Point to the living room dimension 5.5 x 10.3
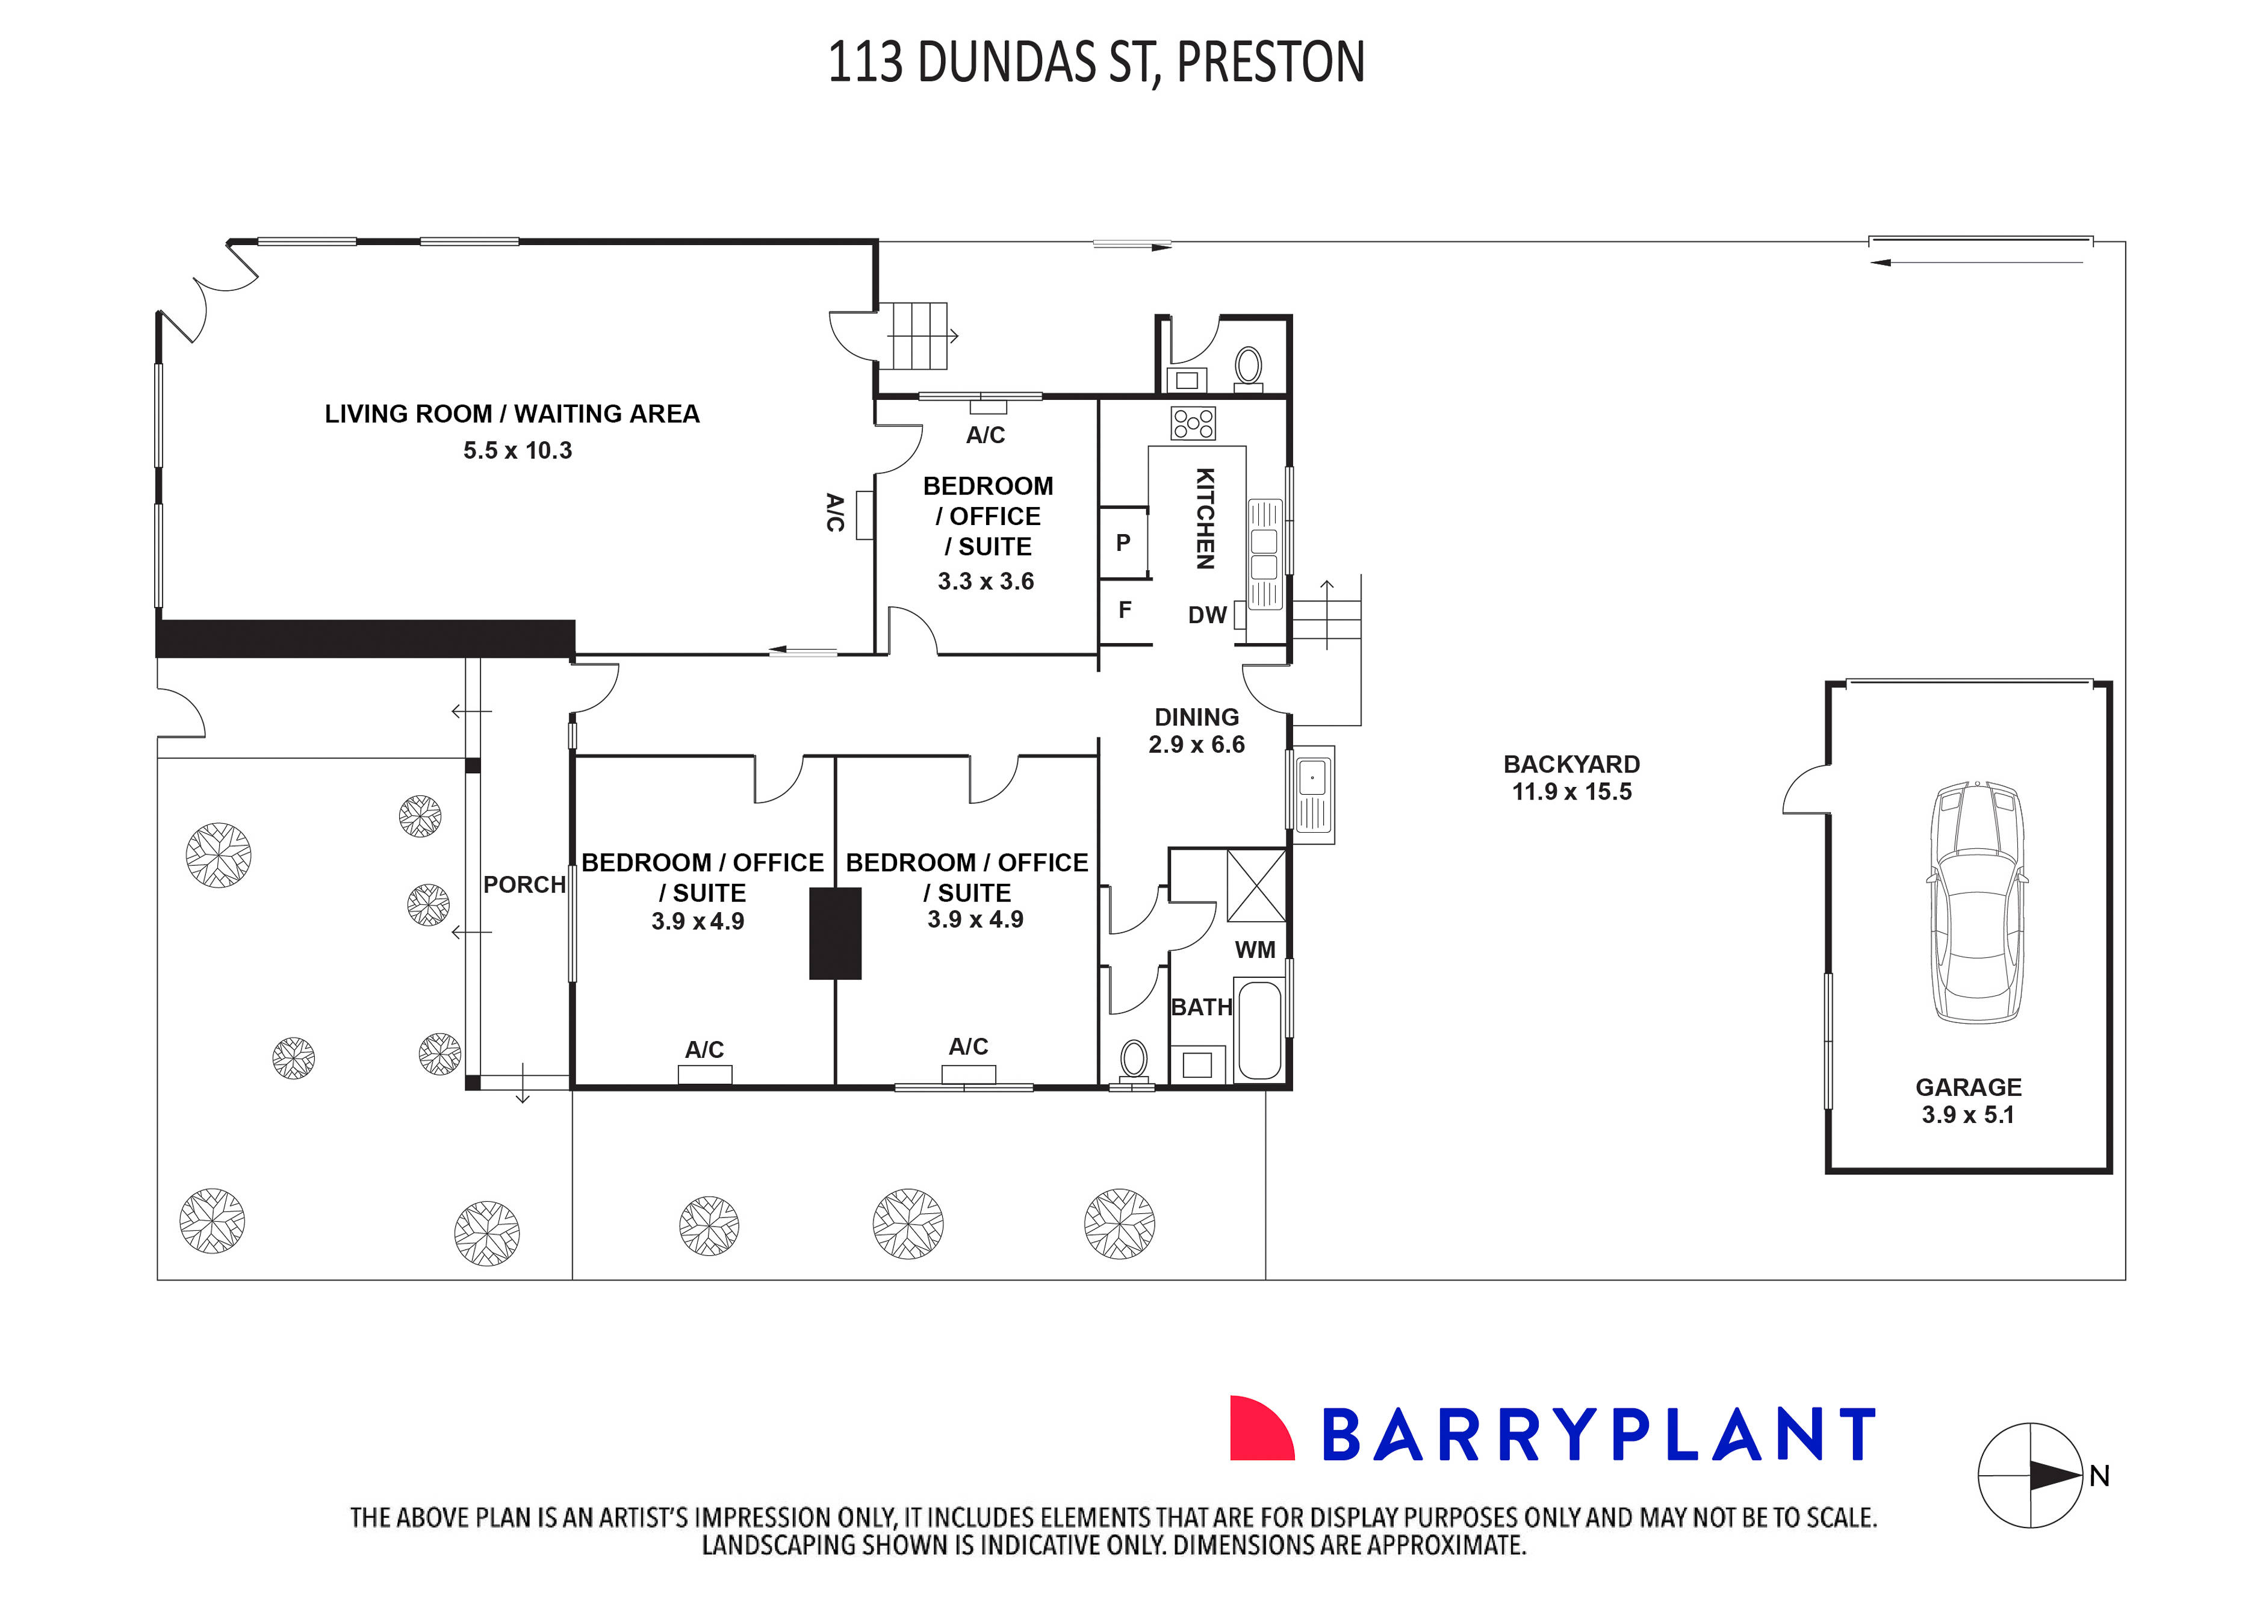click(x=518, y=450)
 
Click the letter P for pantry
click(x=1123, y=543)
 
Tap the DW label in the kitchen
click(x=1206, y=615)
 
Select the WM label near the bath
click(x=1255, y=950)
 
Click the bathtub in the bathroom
click(x=1259, y=1030)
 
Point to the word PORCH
click(x=523, y=885)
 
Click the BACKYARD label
click(x=1571, y=764)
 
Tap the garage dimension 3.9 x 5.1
click(x=1967, y=1115)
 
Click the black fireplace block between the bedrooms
click(x=835, y=934)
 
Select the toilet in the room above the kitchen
click(x=1248, y=365)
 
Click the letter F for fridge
click(x=1125, y=610)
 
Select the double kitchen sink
click(x=1264, y=554)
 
